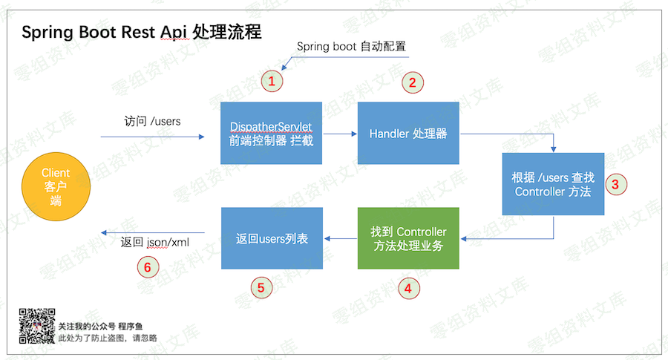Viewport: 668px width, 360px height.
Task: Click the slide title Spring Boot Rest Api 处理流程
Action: pyautogui.click(x=141, y=33)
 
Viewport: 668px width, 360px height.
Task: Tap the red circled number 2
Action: pyautogui.click(x=413, y=81)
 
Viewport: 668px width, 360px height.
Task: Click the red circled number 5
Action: pyautogui.click(x=260, y=287)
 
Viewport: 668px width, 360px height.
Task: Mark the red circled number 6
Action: pyautogui.click(x=149, y=266)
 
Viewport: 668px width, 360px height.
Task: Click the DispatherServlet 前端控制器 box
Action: pyautogui.click(x=271, y=133)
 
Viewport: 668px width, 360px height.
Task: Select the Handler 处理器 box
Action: pyautogui.click(x=408, y=133)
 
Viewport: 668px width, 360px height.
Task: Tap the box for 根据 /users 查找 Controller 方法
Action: pyautogui.click(x=553, y=183)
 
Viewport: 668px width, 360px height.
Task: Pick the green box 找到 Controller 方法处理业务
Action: pyautogui.click(x=408, y=238)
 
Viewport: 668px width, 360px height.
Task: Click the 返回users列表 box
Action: pyautogui.click(x=272, y=238)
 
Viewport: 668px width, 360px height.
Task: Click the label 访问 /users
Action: pyautogui.click(x=152, y=120)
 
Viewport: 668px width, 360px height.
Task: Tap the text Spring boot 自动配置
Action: pyautogui.click(x=351, y=46)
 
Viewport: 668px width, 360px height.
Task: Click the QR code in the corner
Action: pyautogui.click(x=36, y=326)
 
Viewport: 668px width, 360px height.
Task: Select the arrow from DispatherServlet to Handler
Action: pyautogui.click(x=339, y=134)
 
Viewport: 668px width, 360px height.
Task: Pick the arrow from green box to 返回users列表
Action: pyautogui.click(x=339, y=238)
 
